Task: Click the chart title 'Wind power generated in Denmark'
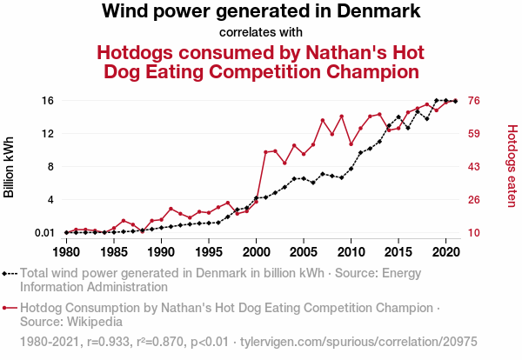(x=261, y=12)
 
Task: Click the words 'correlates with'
(x=261, y=33)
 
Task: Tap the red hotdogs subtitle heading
(x=261, y=62)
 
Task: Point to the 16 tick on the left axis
(x=48, y=101)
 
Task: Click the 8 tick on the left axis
(x=50, y=167)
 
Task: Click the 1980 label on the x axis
(x=66, y=252)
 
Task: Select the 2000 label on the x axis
(x=256, y=252)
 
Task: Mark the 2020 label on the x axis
(x=446, y=252)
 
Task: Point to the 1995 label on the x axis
(x=209, y=252)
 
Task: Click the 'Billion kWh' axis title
(x=10, y=166)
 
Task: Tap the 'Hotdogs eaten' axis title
(x=512, y=166)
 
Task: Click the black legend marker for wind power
(x=10, y=273)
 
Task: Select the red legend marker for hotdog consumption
(x=10, y=307)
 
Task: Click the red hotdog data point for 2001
(x=265, y=152)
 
